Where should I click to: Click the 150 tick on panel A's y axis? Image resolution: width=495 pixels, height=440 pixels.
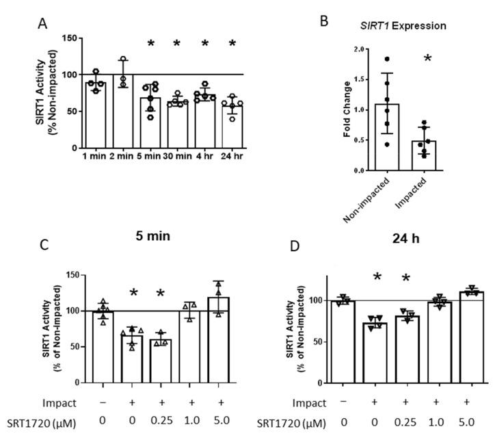tap(67, 37)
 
